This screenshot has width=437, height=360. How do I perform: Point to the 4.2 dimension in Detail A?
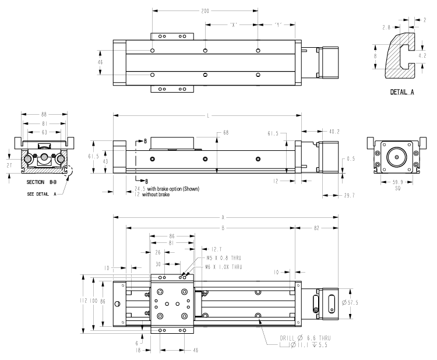pyautogui.click(x=425, y=57)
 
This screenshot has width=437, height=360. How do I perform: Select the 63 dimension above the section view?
pyautogui.click(x=45, y=132)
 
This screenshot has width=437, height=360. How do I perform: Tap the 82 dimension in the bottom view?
pyautogui.click(x=316, y=227)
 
